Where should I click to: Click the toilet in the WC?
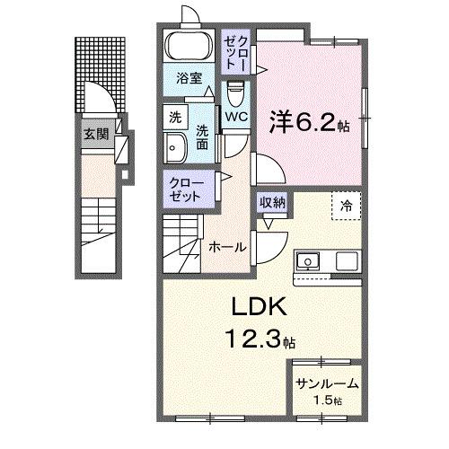(235, 92)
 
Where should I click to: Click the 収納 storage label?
(273, 202)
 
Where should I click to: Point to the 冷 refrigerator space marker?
(346, 205)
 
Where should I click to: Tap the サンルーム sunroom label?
(327, 383)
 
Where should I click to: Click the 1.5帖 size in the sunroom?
(327, 401)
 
